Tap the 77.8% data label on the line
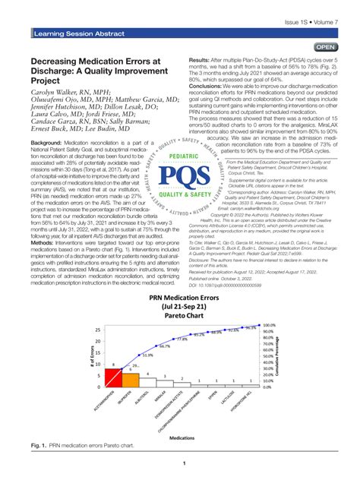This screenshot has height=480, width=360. coord(182,361)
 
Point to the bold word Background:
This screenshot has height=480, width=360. coord(51,143)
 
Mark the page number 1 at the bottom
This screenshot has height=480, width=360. coord(180,465)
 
